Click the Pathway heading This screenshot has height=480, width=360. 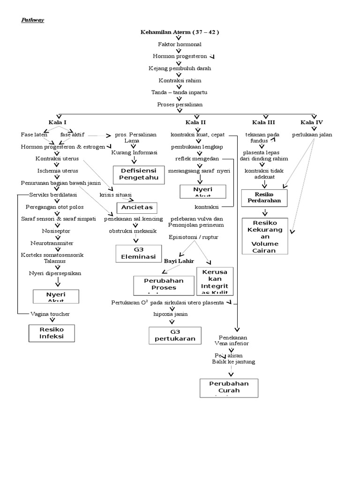coord(32,20)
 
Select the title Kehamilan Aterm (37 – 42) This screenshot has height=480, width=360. coord(180,32)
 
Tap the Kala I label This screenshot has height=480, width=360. coord(58,122)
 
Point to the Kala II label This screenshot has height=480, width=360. coord(195,122)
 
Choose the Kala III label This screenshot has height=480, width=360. coord(264,122)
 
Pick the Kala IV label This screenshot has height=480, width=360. coord(312,122)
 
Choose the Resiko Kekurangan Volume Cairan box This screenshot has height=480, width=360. coord(265,236)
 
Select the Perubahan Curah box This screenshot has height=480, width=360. coord(230,387)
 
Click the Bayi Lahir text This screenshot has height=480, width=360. coord(179,261)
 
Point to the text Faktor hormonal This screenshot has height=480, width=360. coord(180,44)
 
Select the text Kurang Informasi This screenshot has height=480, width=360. coord(134,152)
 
